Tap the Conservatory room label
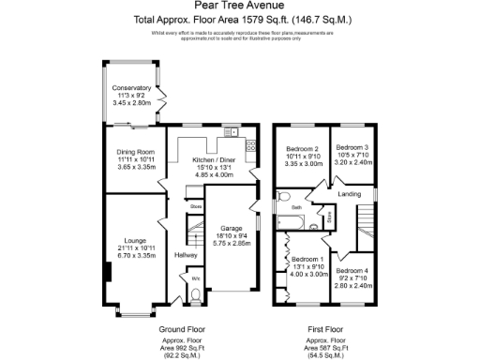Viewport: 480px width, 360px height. pyautogui.click(x=131, y=89)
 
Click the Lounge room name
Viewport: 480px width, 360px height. pyautogui.click(x=131, y=240)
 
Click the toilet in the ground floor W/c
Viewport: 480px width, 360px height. pyautogui.click(x=194, y=295)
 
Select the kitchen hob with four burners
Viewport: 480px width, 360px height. pyautogui.click(x=250, y=146)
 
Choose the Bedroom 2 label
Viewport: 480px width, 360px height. pyautogui.click(x=305, y=148)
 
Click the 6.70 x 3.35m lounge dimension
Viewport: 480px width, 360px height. pyautogui.click(x=131, y=253)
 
